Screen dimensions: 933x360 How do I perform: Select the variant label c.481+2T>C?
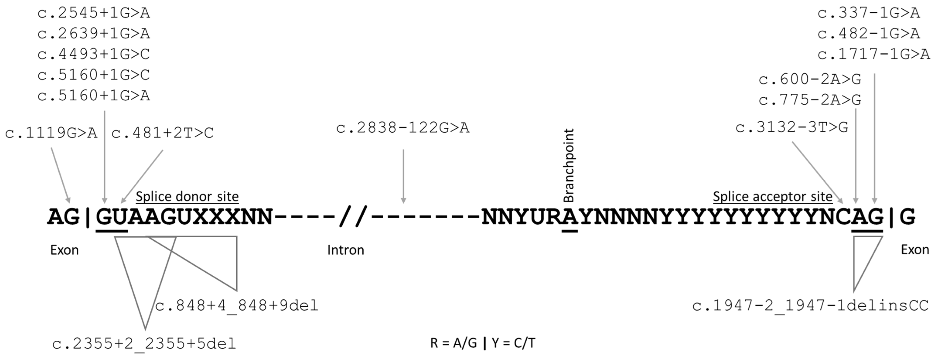pos(162,133)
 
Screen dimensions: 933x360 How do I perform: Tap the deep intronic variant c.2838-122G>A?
pos(403,128)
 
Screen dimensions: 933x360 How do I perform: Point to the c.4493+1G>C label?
pos(93,54)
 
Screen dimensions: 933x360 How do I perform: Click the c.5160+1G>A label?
pos(93,96)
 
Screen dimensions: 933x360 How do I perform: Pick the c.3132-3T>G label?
pos(792,127)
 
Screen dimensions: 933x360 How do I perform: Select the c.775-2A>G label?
pos(810,100)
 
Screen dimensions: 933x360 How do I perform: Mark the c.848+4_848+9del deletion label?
pos(237,306)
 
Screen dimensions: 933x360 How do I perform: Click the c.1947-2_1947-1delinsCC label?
pos(811,306)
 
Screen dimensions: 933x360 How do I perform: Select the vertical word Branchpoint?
pos(569,166)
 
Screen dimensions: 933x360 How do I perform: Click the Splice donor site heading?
pos(187,197)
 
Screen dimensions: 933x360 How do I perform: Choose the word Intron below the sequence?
pos(346,250)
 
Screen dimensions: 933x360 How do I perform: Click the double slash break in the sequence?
pos(353,217)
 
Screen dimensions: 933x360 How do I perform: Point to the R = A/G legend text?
pos(454,343)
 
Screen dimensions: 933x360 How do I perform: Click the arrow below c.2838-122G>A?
pos(403,176)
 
